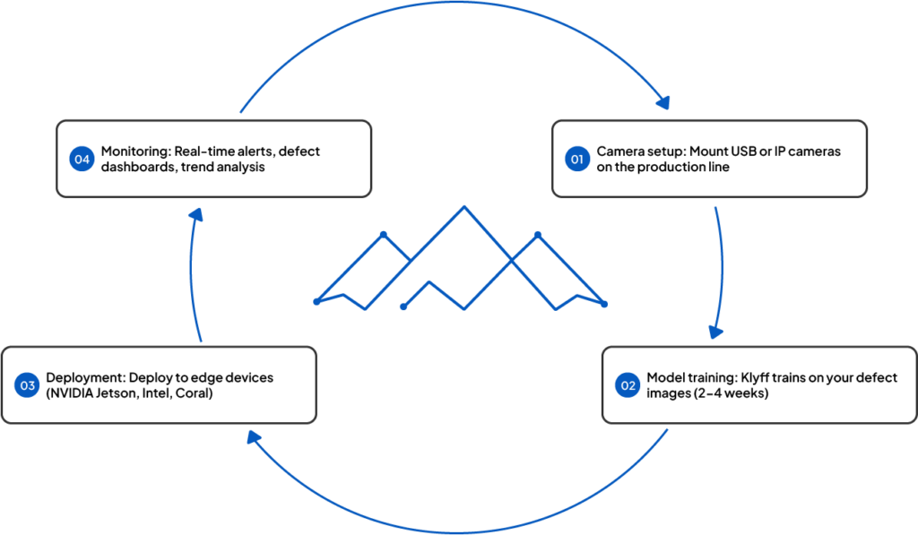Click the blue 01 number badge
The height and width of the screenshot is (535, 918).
point(577,160)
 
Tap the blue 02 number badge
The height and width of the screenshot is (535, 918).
point(628,386)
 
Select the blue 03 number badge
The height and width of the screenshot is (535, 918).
point(28,386)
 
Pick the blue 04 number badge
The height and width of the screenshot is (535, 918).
point(82,160)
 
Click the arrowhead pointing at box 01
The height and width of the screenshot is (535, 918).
point(663,101)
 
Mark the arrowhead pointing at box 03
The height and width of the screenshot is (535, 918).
point(253,436)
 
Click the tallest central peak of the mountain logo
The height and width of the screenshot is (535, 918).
point(463,208)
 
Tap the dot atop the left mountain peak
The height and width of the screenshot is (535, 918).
point(383,234)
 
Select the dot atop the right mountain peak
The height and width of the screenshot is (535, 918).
point(538,234)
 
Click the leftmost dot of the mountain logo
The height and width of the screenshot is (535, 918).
point(316,301)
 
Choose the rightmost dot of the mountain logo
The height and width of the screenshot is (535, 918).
point(605,304)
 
